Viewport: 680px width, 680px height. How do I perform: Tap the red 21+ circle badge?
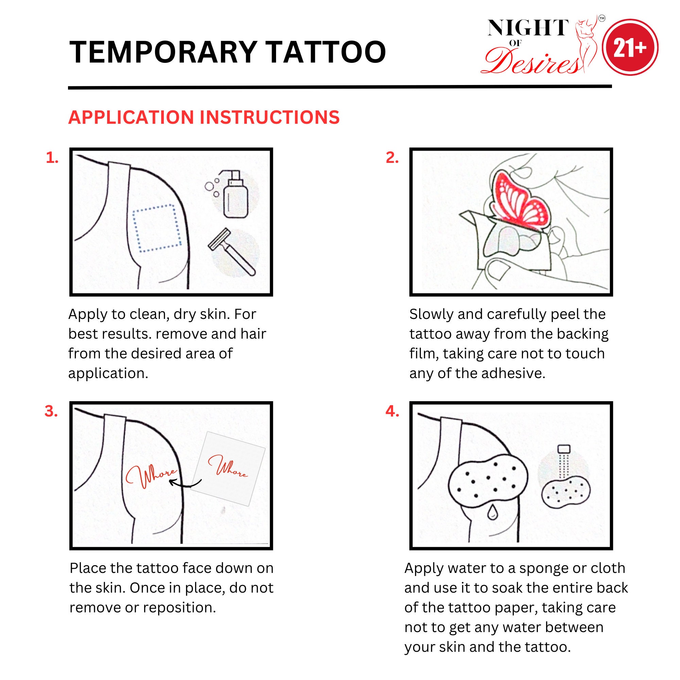[x=630, y=48]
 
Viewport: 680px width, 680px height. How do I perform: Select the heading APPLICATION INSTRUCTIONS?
[x=204, y=117]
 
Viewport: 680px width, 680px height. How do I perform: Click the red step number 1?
[x=52, y=158]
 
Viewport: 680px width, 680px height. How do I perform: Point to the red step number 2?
[x=392, y=158]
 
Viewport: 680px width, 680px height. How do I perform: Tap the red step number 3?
[x=51, y=411]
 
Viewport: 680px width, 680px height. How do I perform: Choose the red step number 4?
[x=392, y=411]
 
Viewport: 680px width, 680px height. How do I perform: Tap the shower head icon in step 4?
[x=564, y=449]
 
